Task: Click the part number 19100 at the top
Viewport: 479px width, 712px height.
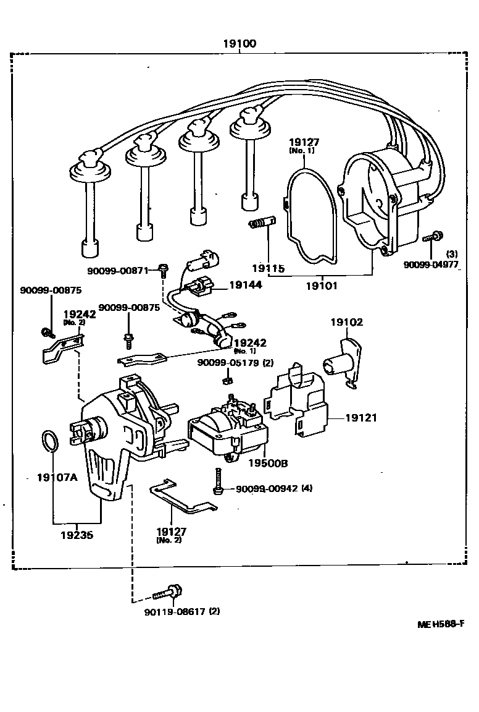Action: [x=239, y=44]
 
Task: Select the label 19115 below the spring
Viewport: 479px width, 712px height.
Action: [x=268, y=268]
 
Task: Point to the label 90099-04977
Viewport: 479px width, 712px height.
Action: [x=431, y=265]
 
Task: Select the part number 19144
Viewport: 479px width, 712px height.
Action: [x=245, y=285]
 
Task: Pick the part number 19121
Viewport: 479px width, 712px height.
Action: [x=360, y=418]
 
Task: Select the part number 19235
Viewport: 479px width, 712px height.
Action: [x=77, y=535]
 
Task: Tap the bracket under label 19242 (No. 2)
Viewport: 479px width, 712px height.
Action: [x=60, y=349]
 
